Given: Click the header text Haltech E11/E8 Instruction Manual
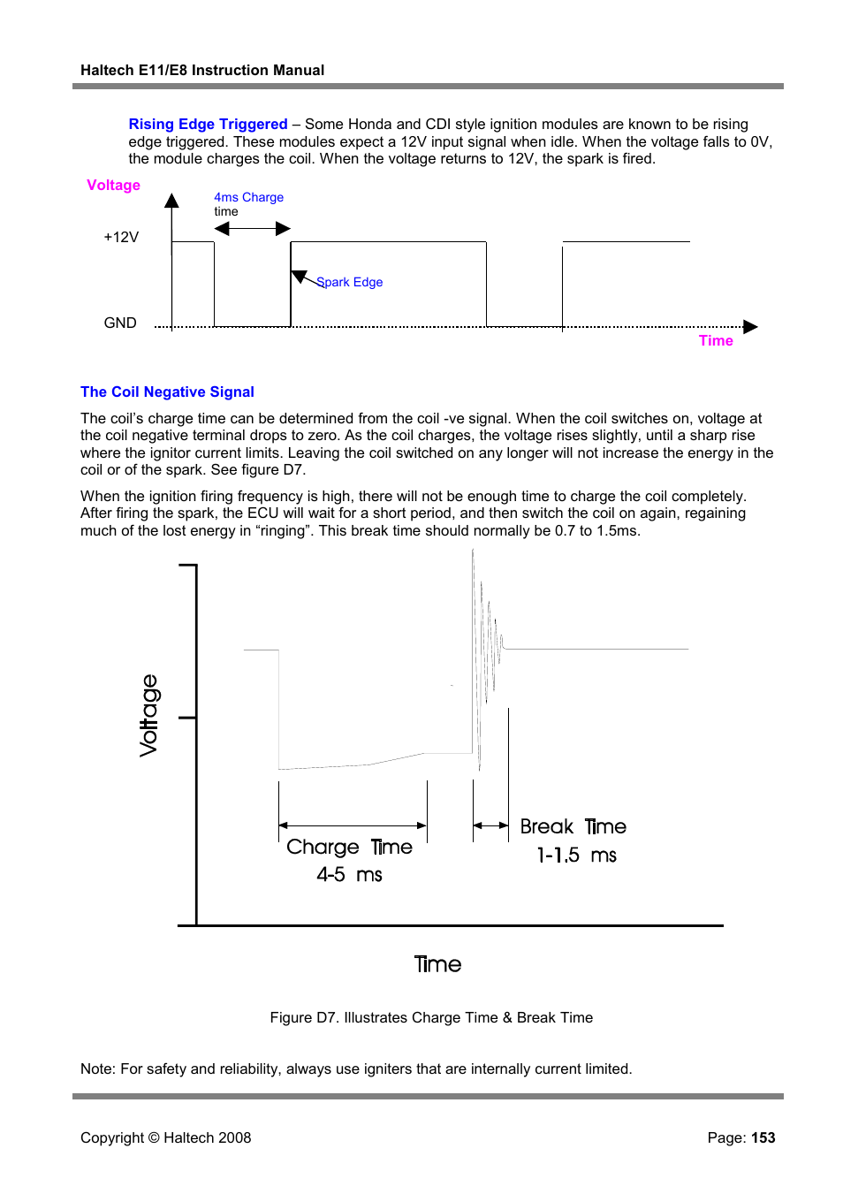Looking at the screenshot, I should (x=202, y=70).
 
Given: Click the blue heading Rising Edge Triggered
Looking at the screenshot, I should (x=208, y=124).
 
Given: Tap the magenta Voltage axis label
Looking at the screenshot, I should (x=113, y=185).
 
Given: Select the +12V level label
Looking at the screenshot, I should (x=121, y=237).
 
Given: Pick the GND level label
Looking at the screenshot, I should (x=120, y=323).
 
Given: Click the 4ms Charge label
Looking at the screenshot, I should (x=248, y=197).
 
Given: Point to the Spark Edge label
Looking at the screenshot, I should (x=350, y=282).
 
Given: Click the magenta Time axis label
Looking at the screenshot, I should (x=716, y=340).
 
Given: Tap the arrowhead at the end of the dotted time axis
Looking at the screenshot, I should (x=751, y=327).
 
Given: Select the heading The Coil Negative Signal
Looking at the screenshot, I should (x=167, y=392).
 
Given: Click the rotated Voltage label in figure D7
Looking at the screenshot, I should (x=149, y=715).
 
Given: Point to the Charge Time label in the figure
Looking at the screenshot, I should (x=349, y=847).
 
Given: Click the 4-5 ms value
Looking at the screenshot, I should (x=349, y=875).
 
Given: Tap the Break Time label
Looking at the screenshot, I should (x=573, y=826).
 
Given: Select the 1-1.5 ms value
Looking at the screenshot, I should (x=576, y=855).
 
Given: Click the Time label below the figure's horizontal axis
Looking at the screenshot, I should (x=437, y=964).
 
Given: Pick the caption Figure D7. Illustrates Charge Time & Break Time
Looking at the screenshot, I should (x=431, y=1017).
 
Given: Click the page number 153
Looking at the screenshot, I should (x=763, y=1137).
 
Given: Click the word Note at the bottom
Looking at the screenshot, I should (x=96, y=1069).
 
